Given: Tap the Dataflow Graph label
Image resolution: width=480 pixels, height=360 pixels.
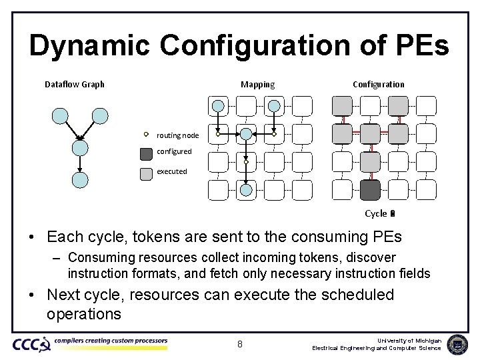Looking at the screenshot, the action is coord(75,84).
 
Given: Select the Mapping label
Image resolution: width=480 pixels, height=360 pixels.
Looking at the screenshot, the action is coord(257,84).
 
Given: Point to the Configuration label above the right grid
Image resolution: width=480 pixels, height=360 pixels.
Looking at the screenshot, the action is coord(378,84).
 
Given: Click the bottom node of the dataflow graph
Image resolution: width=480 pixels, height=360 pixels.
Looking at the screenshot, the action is coord(80,179).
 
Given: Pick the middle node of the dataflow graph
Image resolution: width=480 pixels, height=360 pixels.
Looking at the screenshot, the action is coord(80,146).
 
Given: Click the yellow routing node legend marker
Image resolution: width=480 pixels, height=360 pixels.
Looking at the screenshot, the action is coord(146,133).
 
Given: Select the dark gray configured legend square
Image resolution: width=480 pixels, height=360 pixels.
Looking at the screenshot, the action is coord(146,154).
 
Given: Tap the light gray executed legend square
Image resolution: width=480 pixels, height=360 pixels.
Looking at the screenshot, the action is coord(146,174).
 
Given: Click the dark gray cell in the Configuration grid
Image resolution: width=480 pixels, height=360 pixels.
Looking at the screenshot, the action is coord(370,190).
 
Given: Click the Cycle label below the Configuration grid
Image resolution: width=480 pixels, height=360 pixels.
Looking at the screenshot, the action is coord(376,213).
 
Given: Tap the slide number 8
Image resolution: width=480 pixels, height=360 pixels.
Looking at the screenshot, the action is coord(240,345).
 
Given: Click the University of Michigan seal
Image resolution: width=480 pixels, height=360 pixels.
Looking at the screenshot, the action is coord(457,345).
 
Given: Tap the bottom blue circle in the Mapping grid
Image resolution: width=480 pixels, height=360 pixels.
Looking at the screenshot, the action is coord(246,190).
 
